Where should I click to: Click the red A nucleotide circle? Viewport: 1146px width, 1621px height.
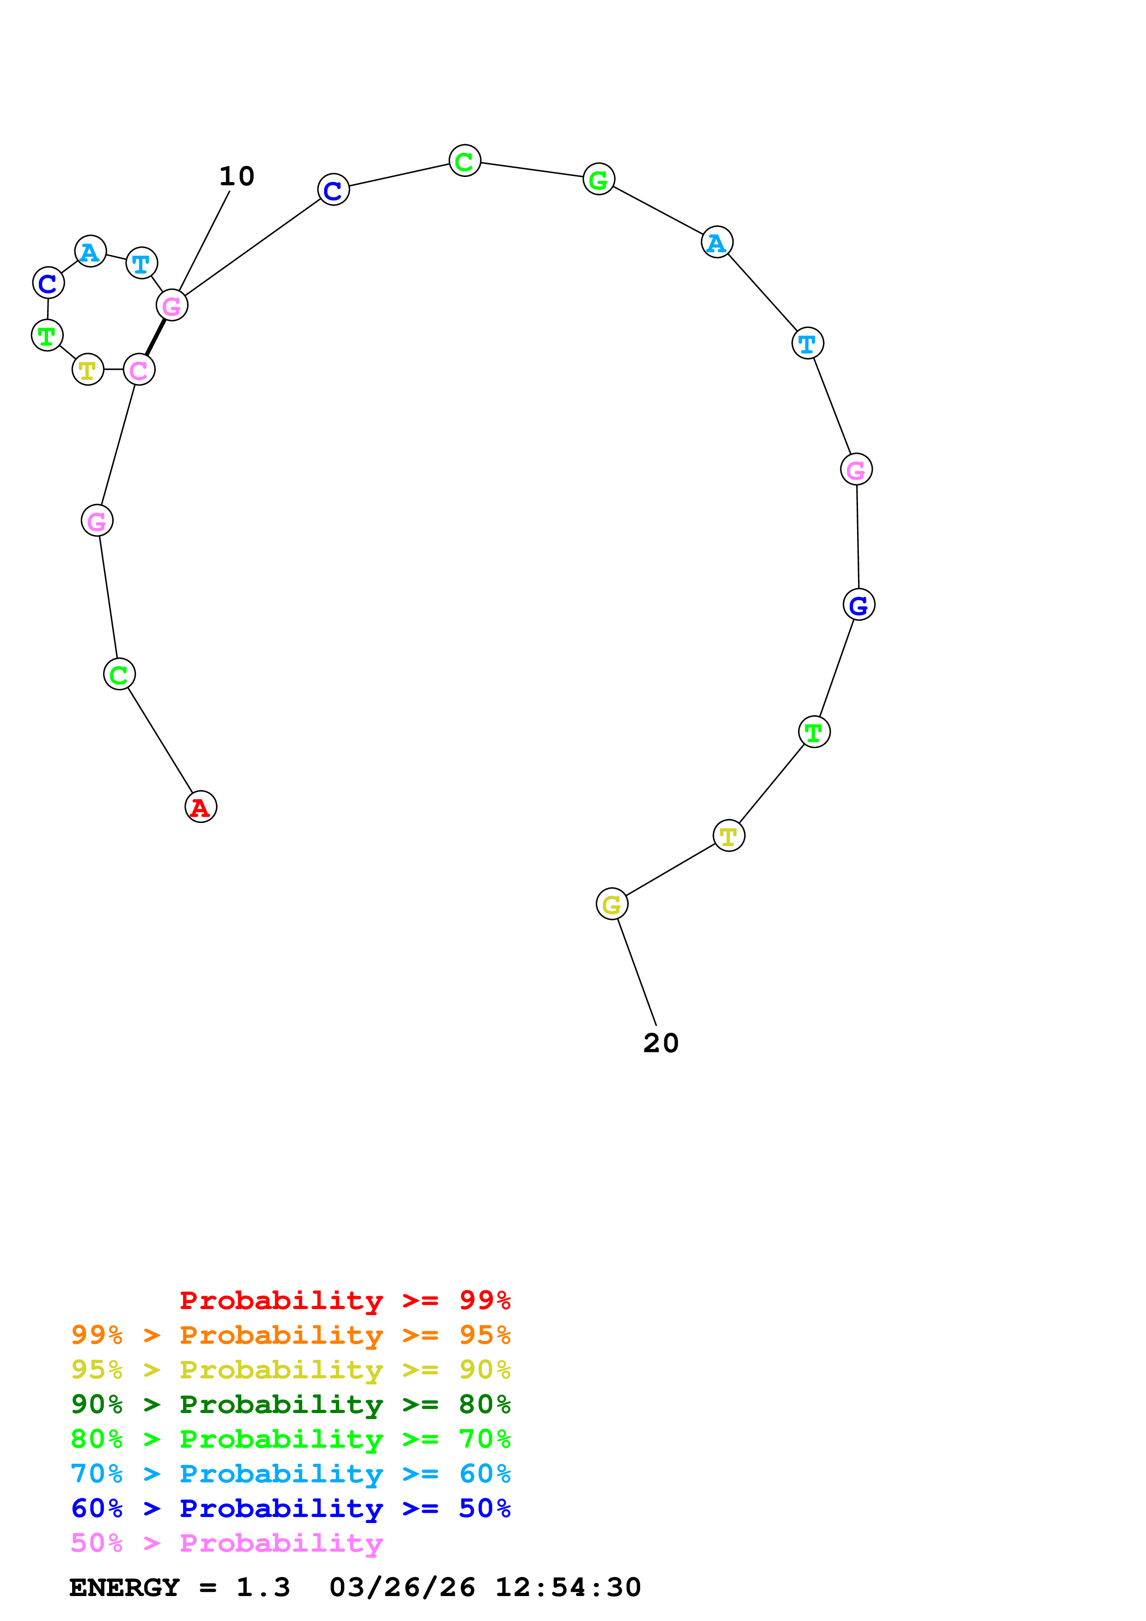click(x=201, y=806)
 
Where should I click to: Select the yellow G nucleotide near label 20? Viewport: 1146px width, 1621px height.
click(x=612, y=904)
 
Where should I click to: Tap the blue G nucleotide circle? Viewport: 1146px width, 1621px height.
click(x=858, y=604)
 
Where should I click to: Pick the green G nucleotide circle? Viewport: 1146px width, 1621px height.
click(x=599, y=179)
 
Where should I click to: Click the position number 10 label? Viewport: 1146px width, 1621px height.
click(x=237, y=176)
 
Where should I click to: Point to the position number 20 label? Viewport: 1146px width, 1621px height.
click(x=661, y=1043)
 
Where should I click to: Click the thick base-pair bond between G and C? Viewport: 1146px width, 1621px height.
click(x=155, y=337)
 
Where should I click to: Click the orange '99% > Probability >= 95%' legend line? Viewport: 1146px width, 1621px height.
click(x=290, y=1335)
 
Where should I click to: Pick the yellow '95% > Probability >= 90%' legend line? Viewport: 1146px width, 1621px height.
click(x=290, y=1369)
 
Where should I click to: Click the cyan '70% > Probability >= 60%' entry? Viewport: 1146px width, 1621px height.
click(x=290, y=1474)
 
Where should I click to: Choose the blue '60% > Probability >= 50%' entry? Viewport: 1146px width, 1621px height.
click(x=290, y=1508)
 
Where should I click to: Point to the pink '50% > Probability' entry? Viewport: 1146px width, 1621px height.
click(x=227, y=1542)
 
